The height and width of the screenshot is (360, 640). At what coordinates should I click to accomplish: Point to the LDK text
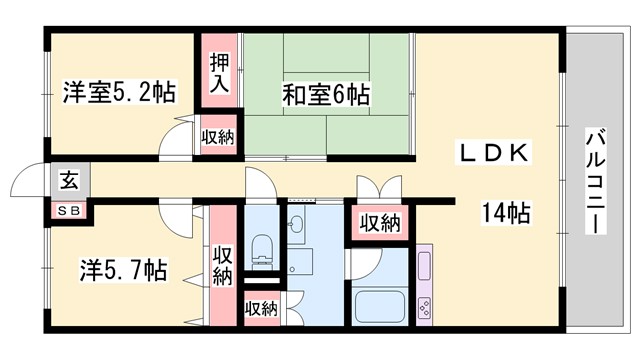[492, 151]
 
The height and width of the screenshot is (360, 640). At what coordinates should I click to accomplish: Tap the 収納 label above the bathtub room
[380, 222]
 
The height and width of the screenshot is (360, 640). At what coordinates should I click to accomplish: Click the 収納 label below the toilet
[261, 308]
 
